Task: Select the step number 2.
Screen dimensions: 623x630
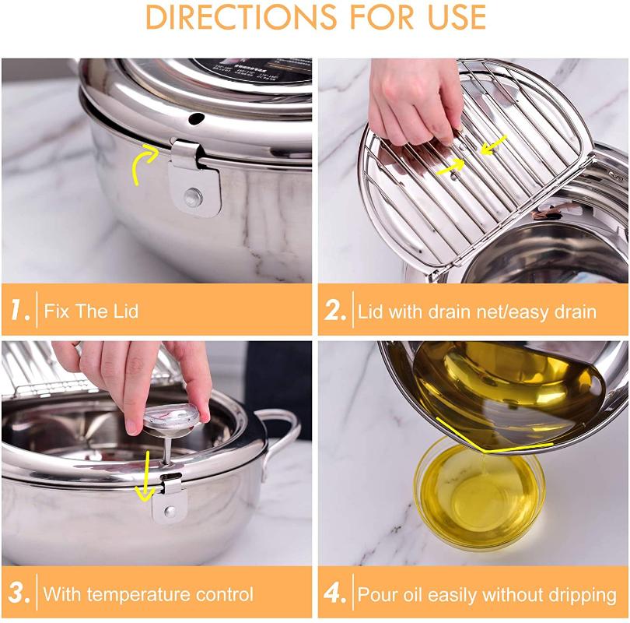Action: (x=335, y=311)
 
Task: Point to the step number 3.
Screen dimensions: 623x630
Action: (x=19, y=594)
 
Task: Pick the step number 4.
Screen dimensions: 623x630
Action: (x=335, y=594)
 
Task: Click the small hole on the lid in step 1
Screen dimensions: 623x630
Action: (x=195, y=119)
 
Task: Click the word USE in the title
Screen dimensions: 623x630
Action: (x=450, y=17)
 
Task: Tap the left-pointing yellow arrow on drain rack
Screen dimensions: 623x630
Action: (x=493, y=145)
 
